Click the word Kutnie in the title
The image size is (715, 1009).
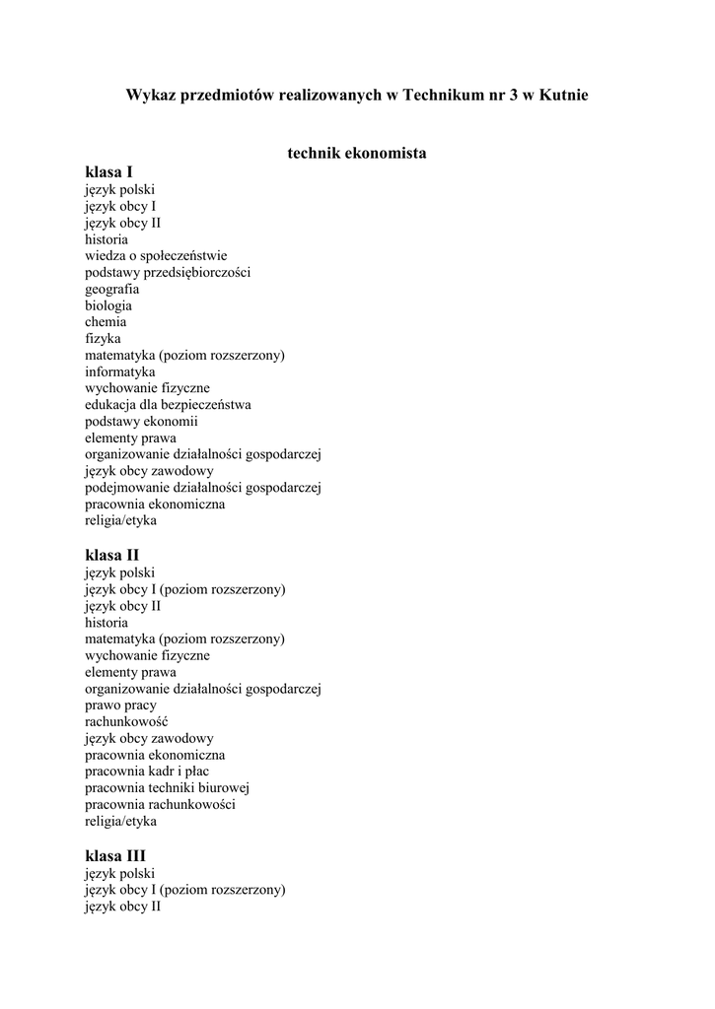(x=562, y=96)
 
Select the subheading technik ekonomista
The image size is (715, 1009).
(x=357, y=154)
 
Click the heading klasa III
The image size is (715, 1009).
(x=115, y=855)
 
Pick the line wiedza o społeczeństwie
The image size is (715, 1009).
(x=156, y=255)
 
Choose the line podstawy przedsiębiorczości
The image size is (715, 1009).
(x=168, y=272)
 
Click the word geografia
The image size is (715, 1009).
(x=111, y=289)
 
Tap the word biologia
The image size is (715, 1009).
(x=108, y=305)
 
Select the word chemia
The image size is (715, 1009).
(x=106, y=321)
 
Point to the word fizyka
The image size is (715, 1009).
(x=103, y=338)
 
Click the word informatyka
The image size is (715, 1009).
(x=120, y=371)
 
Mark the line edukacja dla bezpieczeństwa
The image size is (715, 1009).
(x=168, y=404)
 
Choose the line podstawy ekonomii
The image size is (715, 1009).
(x=141, y=421)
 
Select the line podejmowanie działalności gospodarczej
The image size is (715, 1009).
(x=204, y=487)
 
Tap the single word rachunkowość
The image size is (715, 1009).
(x=126, y=721)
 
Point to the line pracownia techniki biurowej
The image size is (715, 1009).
(x=168, y=787)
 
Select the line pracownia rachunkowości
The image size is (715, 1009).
(x=160, y=804)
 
